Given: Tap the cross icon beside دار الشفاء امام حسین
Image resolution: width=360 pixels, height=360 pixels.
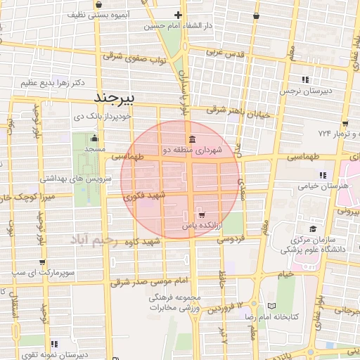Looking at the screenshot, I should click(x=178, y=15).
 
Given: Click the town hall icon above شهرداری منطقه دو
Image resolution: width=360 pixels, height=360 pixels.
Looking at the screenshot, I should click(x=192, y=138).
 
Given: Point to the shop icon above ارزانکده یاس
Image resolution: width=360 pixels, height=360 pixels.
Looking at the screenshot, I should click(x=202, y=214).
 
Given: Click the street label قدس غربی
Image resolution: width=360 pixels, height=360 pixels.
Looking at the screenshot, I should click(x=224, y=53).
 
